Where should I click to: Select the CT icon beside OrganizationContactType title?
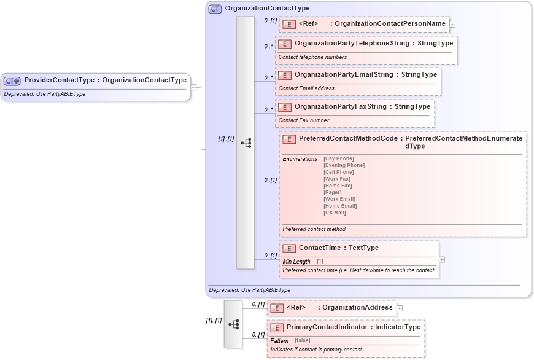point(215,9)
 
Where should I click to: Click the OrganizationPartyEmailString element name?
point(343,74)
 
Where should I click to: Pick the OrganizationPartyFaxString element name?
point(340,106)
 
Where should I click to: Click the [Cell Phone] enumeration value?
point(338,172)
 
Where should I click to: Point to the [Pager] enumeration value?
point(332,192)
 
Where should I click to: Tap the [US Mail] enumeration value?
point(335,213)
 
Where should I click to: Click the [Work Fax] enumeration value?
point(337,179)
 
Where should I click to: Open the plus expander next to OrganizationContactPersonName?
point(452,24)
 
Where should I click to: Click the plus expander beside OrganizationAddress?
point(400,308)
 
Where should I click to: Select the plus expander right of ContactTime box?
point(442,259)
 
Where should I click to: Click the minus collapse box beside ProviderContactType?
point(193,87)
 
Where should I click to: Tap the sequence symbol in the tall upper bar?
point(246,143)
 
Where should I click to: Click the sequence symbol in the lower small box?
point(233,324)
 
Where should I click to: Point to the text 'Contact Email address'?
point(306,88)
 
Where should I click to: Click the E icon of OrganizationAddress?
point(277,308)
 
